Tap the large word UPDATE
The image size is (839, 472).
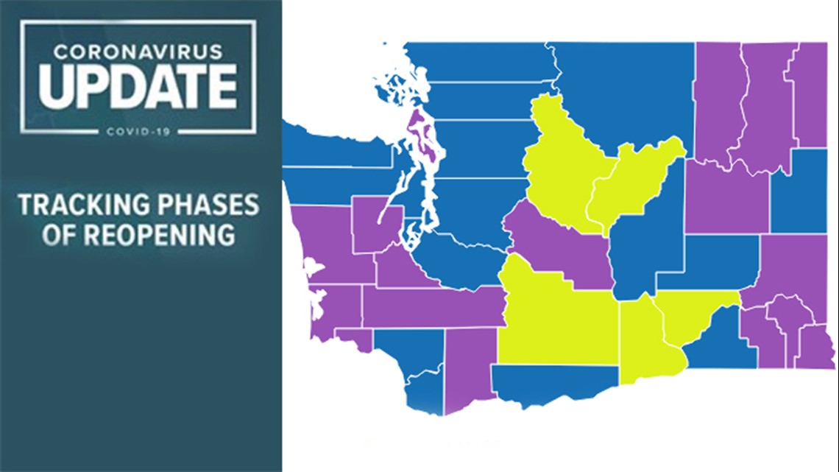click(138, 85)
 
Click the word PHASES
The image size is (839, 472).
click(213, 205)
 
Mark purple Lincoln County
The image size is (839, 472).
click(725, 195)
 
